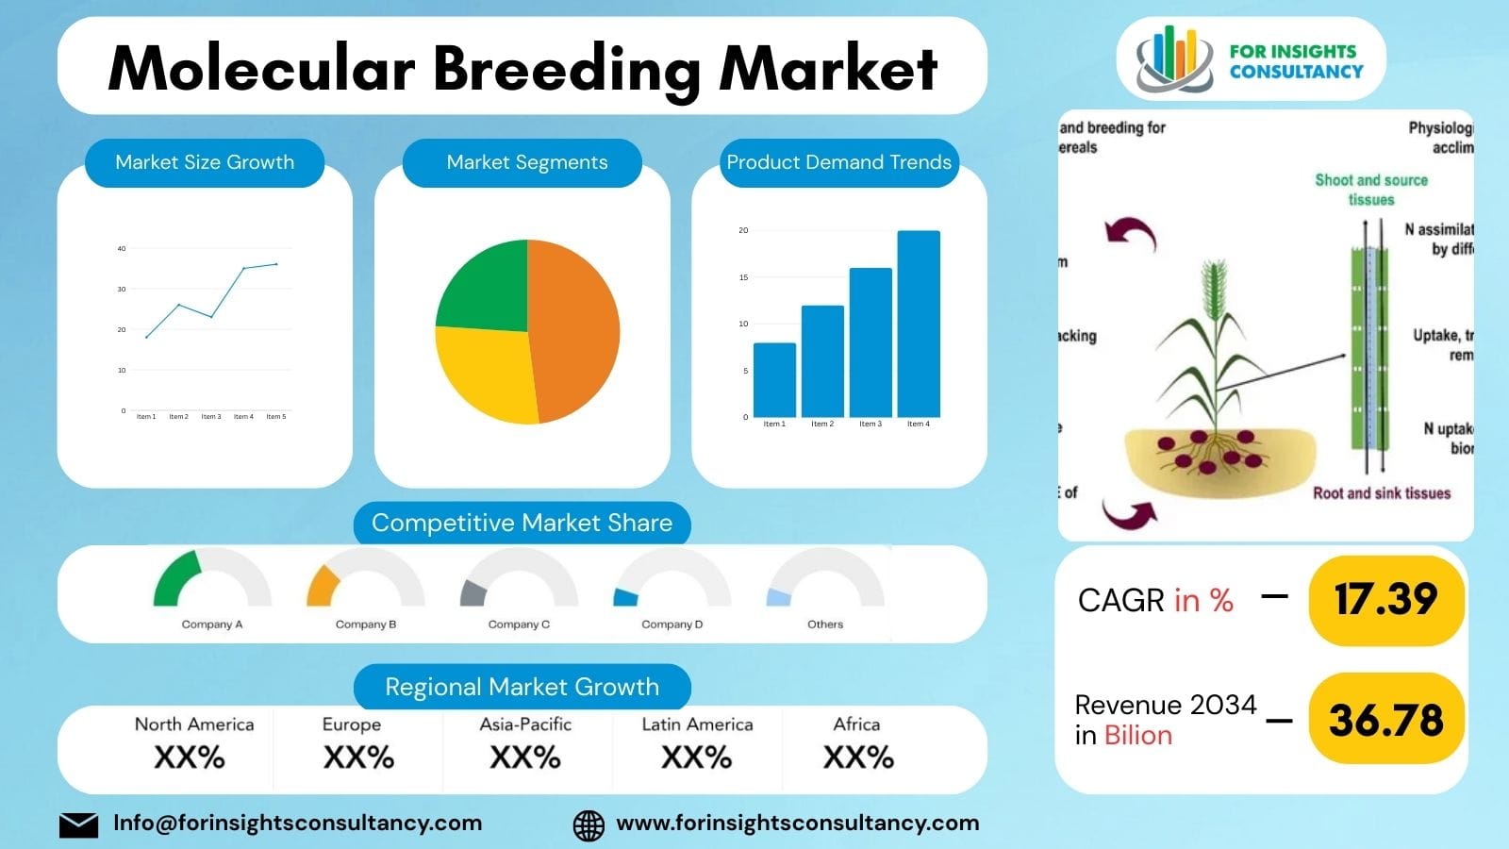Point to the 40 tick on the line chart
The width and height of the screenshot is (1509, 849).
(x=122, y=249)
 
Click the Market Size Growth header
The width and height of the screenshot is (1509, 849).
(x=205, y=162)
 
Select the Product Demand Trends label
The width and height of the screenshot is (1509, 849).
(x=838, y=162)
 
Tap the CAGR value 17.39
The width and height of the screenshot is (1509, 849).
(x=1385, y=599)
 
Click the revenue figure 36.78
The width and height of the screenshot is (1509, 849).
(x=1385, y=721)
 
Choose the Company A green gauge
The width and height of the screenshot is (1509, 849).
(x=176, y=578)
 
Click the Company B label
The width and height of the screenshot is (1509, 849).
(x=366, y=624)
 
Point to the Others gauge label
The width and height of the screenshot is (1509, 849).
(x=825, y=624)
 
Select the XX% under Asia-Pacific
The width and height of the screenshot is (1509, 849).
(x=525, y=757)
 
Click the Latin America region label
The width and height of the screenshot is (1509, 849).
(x=697, y=724)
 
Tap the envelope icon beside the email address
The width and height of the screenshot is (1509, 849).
(x=78, y=824)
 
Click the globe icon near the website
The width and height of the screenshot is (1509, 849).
(x=589, y=825)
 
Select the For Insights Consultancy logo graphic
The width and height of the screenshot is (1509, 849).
(x=1173, y=59)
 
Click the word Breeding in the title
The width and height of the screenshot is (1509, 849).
(x=566, y=69)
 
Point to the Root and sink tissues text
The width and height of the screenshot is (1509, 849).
(x=1381, y=493)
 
